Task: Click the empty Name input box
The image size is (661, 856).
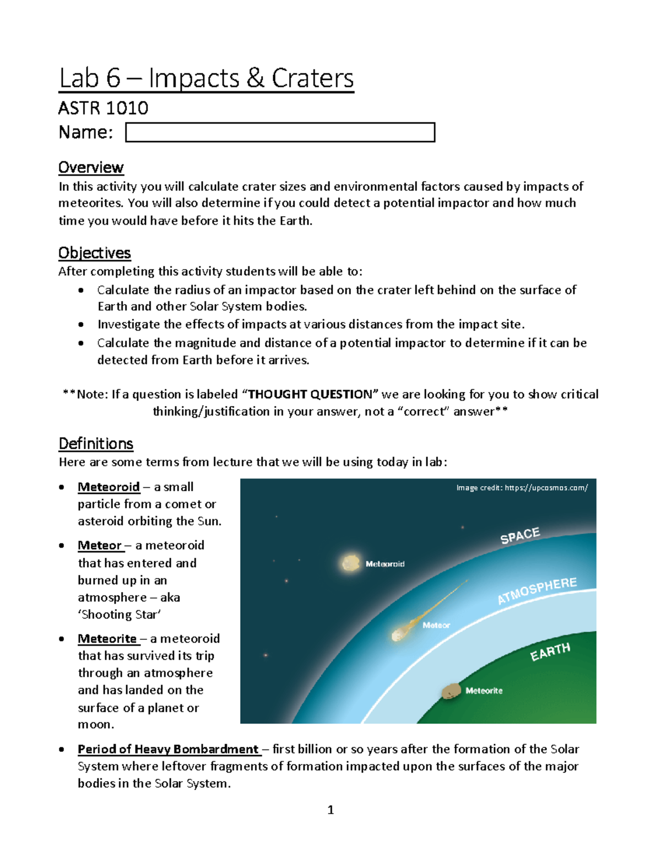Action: click(280, 132)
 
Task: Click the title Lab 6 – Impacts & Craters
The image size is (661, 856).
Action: click(206, 78)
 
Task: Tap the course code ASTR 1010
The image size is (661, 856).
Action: click(103, 108)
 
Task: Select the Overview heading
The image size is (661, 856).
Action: click(91, 168)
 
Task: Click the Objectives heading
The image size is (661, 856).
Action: click(94, 253)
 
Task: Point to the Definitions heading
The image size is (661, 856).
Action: click(96, 444)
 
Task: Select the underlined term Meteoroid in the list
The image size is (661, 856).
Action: click(109, 487)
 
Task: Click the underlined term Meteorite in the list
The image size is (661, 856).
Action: click(107, 639)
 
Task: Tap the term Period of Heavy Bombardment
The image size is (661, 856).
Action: click(168, 750)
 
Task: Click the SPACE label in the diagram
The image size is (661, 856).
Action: click(520, 536)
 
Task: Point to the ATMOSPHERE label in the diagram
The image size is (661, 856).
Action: click(537, 591)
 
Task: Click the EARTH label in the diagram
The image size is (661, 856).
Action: click(550, 652)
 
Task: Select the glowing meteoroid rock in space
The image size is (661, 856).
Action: click(350, 563)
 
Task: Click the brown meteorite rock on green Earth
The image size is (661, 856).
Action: click(451, 691)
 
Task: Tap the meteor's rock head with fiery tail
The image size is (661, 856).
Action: click(398, 634)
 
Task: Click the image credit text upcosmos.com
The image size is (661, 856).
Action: click(522, 488)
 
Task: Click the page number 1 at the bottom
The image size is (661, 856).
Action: click(330, 810)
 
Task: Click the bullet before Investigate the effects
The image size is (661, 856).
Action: click(81, 325)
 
